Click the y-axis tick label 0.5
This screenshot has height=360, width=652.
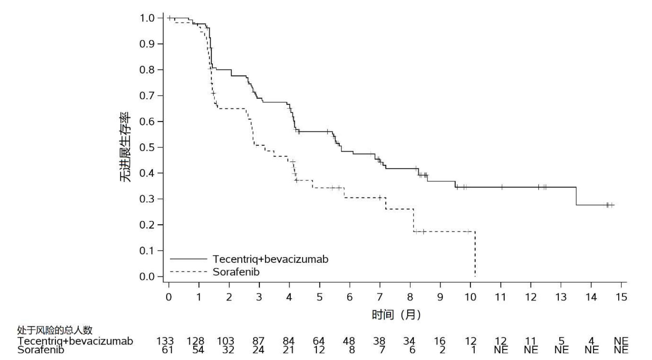click(x=147, y=147)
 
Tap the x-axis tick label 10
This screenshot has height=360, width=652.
click(x=470, y=297)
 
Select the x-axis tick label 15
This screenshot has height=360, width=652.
click(x=621, y=297)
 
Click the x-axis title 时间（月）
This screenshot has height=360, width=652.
click(x=396, y=314)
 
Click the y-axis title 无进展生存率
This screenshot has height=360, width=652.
click(x=125, y=147)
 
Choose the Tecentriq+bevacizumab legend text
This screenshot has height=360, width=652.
click(x=270, y=259)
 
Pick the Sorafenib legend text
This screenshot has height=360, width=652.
click(x=236, y=272)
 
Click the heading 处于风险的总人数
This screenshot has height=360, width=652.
click(x=55, y=330)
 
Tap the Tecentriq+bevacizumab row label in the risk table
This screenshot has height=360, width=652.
click(x=75, y=341)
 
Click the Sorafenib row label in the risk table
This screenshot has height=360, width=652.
click(x=40, y=350)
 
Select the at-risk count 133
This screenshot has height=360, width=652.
click(x=165, y=341)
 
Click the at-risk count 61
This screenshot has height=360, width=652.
click(x=168, y=350)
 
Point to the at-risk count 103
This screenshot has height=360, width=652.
click(x=225, y=341)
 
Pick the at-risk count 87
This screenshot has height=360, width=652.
click(x=258, y=341)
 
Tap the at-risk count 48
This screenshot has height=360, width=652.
click(x=349, y=341)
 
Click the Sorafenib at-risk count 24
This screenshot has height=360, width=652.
click(x=258, y=350)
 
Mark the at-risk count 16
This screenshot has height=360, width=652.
click(x=440, y=341)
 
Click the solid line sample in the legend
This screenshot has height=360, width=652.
click(x=189, y=259)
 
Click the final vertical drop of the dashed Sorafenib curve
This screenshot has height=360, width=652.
click(x=475, y=254)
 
